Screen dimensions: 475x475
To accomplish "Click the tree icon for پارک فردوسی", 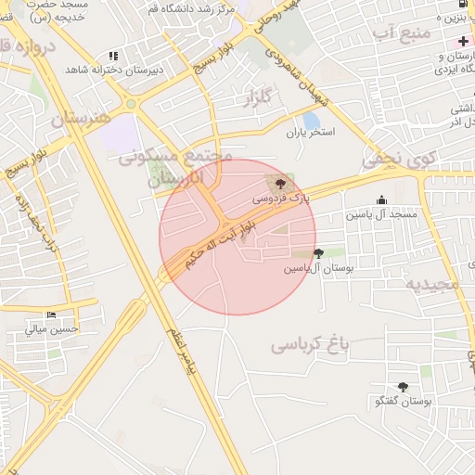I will pyautogui.click(x=282, y=184).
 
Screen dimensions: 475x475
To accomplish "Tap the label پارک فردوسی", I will pyautogui.click(x=276, y=199).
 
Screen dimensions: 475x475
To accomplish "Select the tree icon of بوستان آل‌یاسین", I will pyautogui.click(x=319, y=253).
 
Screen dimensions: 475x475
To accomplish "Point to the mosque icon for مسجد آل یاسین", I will pyautogui.click(x=382, y=199).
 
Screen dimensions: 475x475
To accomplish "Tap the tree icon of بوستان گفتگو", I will pyautogui.click(x=403, y=387).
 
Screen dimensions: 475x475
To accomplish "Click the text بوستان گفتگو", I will pyautogui.click(x=404, y=402).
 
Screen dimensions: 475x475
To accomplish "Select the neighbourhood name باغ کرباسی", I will pyautogui.click(x=310, y=345).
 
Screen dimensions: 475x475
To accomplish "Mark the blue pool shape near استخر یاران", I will pyautogui.click(x=312, y=121).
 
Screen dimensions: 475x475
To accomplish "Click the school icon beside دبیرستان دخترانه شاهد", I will pyautogui.click(x=113, y=56).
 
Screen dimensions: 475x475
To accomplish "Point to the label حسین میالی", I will pyautogui.click(x=53, y=328).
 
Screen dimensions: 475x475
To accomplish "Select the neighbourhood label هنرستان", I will pyautogui.click(x=80, y=119).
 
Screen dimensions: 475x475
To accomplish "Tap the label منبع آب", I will pyautogui.click(x=403, y=34).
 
